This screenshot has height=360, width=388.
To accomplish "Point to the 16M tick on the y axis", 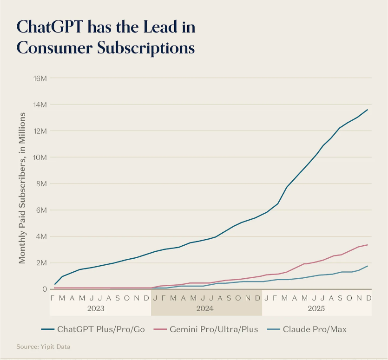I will [x=39, y=78].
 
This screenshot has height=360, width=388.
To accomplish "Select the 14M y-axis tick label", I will [x=39, y=105].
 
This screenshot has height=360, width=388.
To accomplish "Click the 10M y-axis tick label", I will [x=39, y=157].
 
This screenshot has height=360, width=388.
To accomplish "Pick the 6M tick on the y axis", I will [x=41, y=210].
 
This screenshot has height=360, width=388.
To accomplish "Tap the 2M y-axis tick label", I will [x=41, y=263].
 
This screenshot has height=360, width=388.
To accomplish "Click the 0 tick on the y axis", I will [x=44, y=289].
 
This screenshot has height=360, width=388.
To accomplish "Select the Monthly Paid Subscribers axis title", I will [x=22, y=188].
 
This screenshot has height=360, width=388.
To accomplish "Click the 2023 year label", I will [x=95, y=308].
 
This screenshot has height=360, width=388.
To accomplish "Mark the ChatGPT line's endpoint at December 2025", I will [x=368, y=110].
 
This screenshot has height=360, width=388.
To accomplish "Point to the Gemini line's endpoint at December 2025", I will [x=368, y=245].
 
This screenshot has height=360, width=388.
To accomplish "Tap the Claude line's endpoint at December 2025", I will [x=368, y=266].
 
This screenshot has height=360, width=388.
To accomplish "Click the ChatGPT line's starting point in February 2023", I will [x=55, y=284].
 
